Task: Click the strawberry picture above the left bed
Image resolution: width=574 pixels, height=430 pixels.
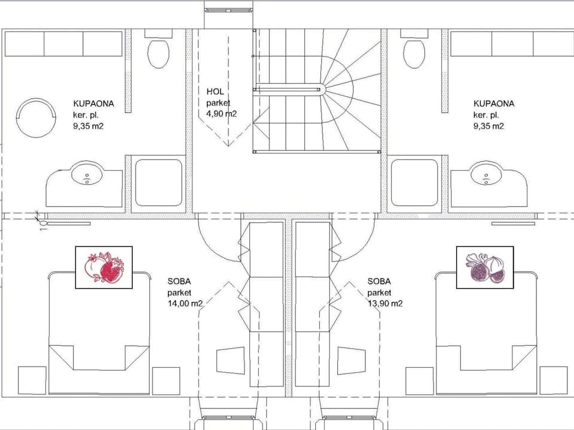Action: click(103, 267)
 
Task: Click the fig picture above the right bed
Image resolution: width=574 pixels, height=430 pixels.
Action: click(485, 267)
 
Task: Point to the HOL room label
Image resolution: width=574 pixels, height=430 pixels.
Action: click(215, 91)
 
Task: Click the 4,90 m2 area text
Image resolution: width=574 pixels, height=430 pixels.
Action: click(221, 113)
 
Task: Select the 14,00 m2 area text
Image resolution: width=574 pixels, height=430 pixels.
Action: click(185, 303)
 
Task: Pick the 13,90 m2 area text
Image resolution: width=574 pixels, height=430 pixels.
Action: click(385, 303)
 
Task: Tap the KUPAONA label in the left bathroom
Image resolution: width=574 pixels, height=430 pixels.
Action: click(93, 103)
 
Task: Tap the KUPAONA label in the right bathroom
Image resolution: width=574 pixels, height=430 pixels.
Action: click(494, 103)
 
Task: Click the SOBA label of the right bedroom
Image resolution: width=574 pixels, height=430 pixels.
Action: click(379, 281)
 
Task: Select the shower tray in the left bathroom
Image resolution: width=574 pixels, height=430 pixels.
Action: click(158, 183)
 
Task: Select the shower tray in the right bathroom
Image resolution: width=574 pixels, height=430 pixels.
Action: click(414, 183)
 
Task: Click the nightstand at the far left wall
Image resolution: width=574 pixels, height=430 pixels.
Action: click(32, 380)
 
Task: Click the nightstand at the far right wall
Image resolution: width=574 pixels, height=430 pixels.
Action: click(553, 380)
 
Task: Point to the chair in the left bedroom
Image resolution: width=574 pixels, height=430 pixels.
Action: click(230, 361)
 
